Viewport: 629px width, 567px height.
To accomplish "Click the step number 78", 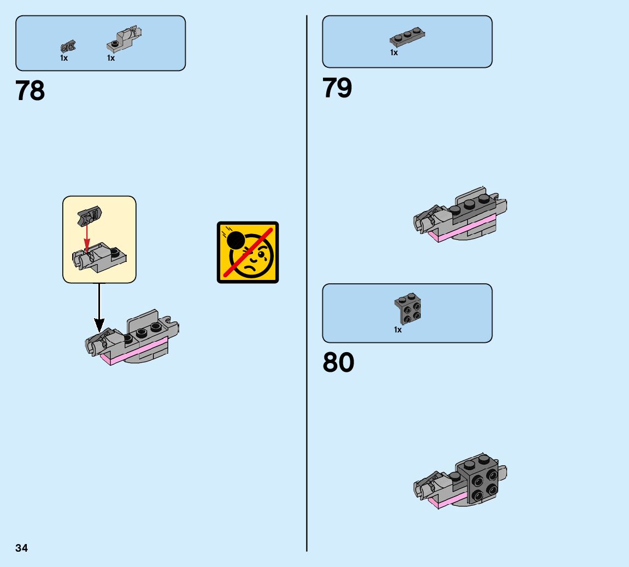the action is pos(31,91).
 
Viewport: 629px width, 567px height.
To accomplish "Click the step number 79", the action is pos(337,88).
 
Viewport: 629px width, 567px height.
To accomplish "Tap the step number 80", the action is pos(338,363).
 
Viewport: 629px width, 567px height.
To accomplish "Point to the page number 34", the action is pos(21,548).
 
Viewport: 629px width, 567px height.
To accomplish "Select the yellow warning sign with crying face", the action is pos(248,252).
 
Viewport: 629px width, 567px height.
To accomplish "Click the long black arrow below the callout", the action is pos(99,306).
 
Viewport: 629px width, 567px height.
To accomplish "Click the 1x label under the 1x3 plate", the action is pos(394,52).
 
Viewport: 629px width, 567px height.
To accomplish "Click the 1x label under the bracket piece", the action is pos(398,330).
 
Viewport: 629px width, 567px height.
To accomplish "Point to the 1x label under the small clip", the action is pos(64,58).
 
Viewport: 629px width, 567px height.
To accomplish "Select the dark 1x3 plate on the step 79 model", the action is pos(468,204).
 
